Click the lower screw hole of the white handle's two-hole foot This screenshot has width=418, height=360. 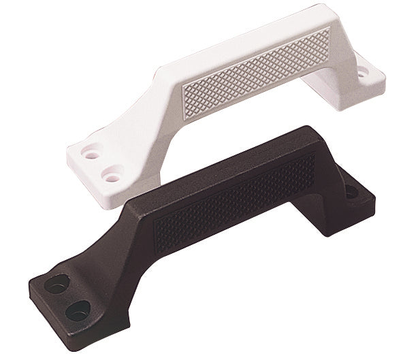tap(108, 177)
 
